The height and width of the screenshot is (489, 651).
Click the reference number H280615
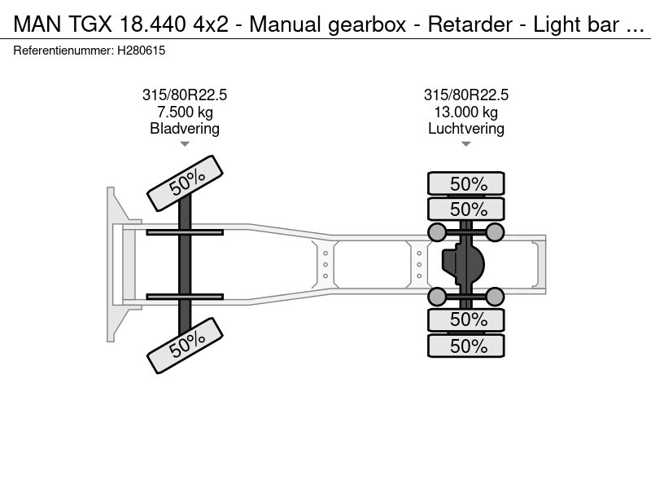141,51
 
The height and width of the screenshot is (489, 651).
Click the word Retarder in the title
470,24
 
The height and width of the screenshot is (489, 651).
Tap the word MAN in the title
37,24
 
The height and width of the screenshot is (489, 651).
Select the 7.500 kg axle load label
185,112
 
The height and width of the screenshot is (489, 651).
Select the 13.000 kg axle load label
465,112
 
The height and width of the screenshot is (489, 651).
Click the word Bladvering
185,129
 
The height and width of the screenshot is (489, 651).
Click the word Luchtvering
465,129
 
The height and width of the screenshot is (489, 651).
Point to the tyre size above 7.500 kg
185,95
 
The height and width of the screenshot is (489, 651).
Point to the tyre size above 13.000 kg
465,95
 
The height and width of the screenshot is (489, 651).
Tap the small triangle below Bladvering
185,144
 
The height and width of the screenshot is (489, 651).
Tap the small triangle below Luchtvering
465,144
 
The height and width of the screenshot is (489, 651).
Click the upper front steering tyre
186,183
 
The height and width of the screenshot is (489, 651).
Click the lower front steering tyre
186,346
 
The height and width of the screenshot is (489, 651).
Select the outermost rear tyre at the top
465,183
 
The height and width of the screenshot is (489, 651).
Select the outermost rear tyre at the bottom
465,346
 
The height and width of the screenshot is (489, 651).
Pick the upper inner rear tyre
465,209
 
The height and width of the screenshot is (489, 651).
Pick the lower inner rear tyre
465,319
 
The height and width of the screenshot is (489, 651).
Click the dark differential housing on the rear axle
463,264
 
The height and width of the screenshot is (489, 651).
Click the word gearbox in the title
367,24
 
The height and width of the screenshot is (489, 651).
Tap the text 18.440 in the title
152,24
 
